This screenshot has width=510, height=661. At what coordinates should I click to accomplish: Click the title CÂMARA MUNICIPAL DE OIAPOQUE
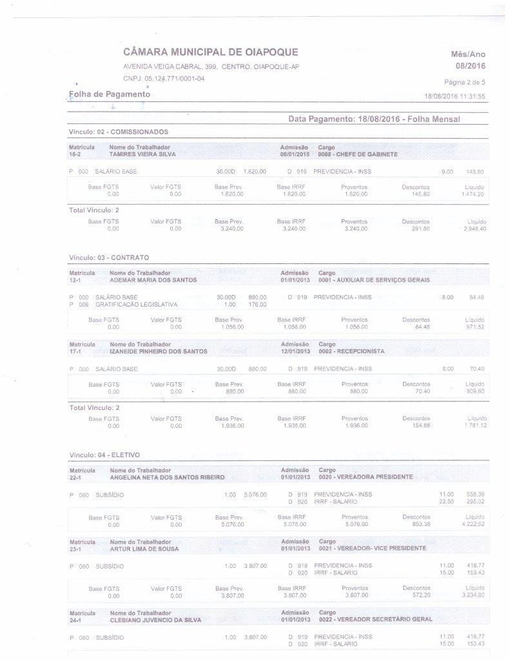pyautogui.click(x=210, y=52)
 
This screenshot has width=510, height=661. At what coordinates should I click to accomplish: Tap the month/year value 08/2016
pyautogui.click(x=470, y=66)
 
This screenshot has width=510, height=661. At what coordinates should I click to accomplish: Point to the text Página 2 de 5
pyautogui.click(x=464, y=82)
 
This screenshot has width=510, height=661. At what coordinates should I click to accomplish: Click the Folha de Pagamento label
pyautogui.click(x=110, y=95)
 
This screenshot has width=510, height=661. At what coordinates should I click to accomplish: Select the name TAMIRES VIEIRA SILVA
pyautogui.click(x=142, y=155)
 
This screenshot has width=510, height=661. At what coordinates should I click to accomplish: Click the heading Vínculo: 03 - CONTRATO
pyautogui.click(x=109, y=258)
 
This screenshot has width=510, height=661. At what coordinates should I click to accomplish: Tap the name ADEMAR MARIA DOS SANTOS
pyautogui.click(x=153, y=280)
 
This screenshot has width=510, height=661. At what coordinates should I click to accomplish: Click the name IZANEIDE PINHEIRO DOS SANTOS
pyautogui.click(x=159, y=351)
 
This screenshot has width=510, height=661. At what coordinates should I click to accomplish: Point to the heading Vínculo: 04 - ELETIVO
pyautogui.click(x=104, y=455)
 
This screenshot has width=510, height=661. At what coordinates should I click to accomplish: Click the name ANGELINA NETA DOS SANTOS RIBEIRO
pyautogui.click(x=167, y=478)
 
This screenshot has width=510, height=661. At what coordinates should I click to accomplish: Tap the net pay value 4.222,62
pyautogui.click(x=473, y=524)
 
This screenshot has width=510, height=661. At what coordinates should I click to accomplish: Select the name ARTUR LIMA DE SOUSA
pyautogui.click(x=144, y=549)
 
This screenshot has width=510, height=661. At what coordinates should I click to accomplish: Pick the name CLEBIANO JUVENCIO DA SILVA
pyautogui.click(x=155, y=620)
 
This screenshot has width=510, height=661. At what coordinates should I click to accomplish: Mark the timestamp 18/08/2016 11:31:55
pyautogui.click(x=455, y=96)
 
